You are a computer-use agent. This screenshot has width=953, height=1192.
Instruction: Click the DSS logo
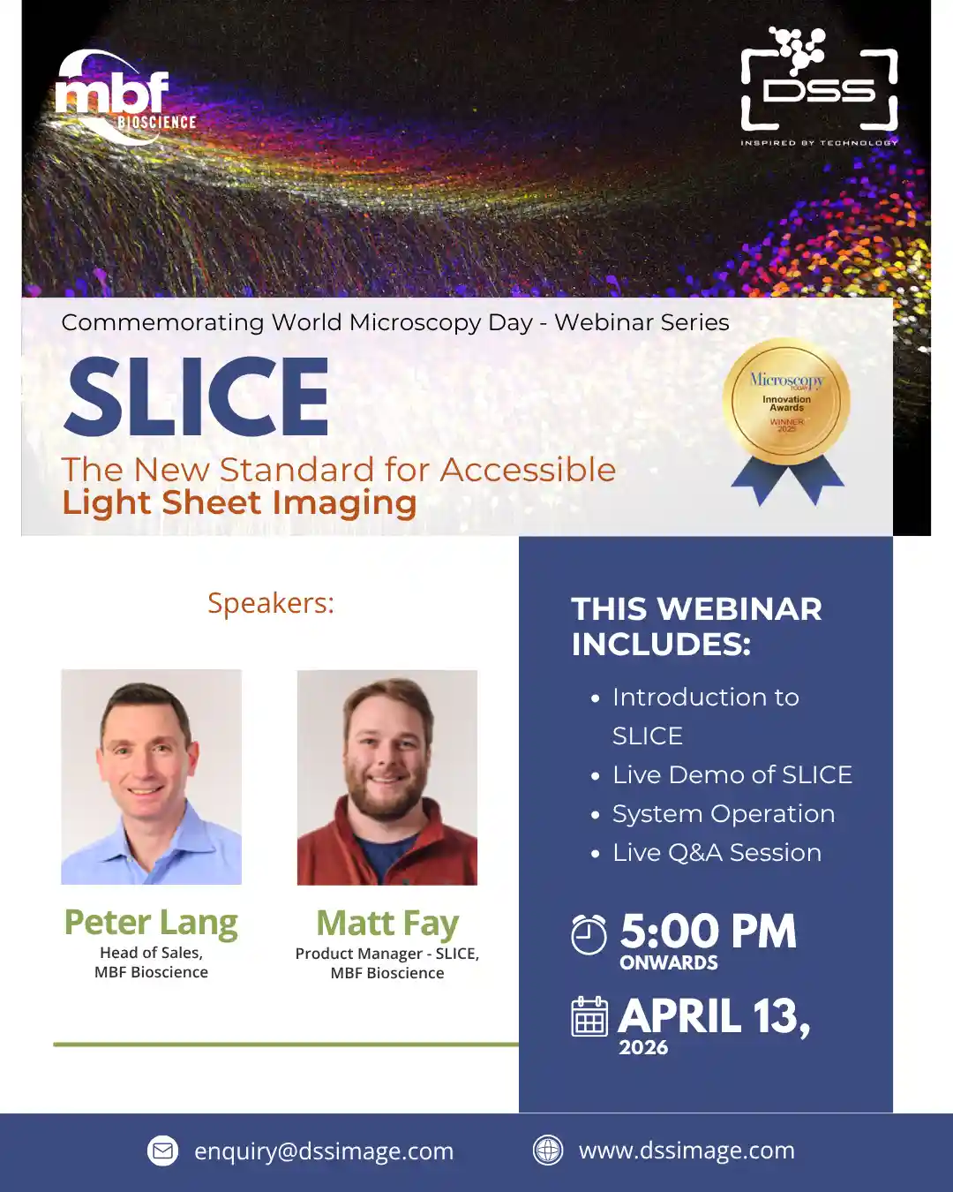click(819, 86)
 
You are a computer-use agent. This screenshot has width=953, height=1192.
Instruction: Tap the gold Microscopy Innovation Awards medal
click(786, 421)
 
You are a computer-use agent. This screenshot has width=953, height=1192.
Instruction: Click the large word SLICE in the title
click(197, 396)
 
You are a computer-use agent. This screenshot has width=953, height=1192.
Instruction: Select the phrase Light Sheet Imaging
click(239, 503)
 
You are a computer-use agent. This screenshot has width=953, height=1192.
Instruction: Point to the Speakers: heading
click(271, 603)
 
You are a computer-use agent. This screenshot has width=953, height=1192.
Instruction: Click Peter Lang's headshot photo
click(151, 777)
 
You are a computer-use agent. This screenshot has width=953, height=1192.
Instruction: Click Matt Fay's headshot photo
click(387, 777)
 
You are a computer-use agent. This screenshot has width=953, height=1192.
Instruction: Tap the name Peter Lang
click(151, 924)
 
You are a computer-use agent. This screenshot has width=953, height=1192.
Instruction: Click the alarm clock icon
click(589, 935)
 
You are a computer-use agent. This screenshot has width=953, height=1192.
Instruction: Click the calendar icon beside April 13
click(589, 1016)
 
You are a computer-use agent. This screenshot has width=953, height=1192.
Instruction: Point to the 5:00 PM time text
click(709, 932)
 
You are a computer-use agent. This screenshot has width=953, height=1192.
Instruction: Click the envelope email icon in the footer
click(162, 1151)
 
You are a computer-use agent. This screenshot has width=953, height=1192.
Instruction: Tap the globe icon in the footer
click(548, 1150)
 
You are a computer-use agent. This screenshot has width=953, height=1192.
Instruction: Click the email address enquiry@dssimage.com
click(324, 1151)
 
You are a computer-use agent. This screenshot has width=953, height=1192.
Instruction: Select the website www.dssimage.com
click(687, 1151)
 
